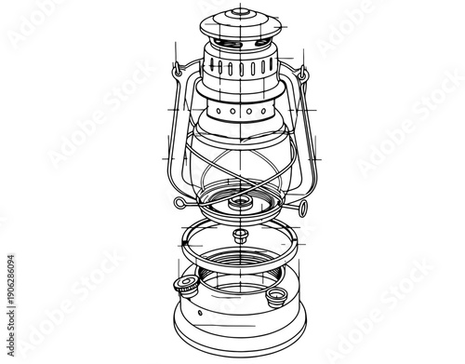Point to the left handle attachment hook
click(x=176, y=67)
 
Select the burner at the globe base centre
click(x=240, y=199)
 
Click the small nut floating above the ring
click(x=240, y=233)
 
